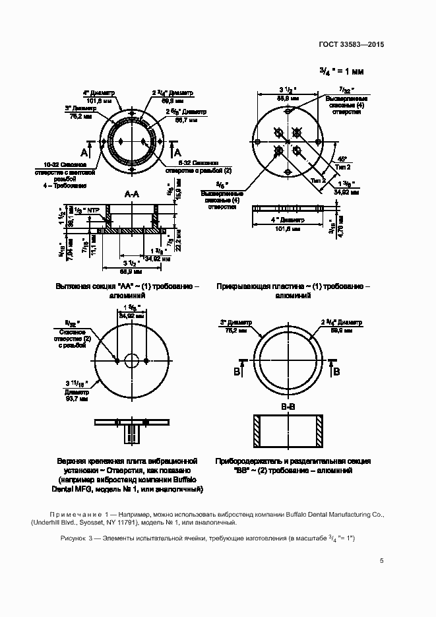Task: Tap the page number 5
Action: (382, 562)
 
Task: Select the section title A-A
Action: (132, 194)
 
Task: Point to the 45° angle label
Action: (342, 159)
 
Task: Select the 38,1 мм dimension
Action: (72, 220)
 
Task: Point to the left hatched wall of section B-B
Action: (257, 430)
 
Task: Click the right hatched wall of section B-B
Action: (320, 430)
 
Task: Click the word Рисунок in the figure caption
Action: (73, 538)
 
